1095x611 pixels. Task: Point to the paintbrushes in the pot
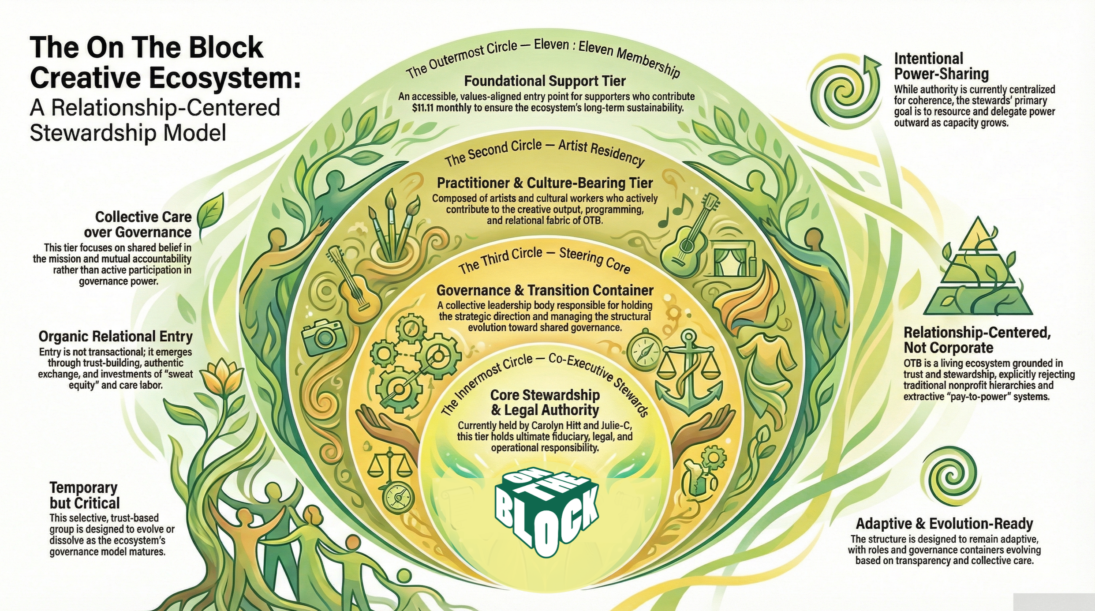point(392,229)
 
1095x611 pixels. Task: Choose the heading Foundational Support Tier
point(545,81)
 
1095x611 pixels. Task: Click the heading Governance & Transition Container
point(545,290)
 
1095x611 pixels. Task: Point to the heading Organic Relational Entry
point(116,337)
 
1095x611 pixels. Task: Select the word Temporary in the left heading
point(83,487)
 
